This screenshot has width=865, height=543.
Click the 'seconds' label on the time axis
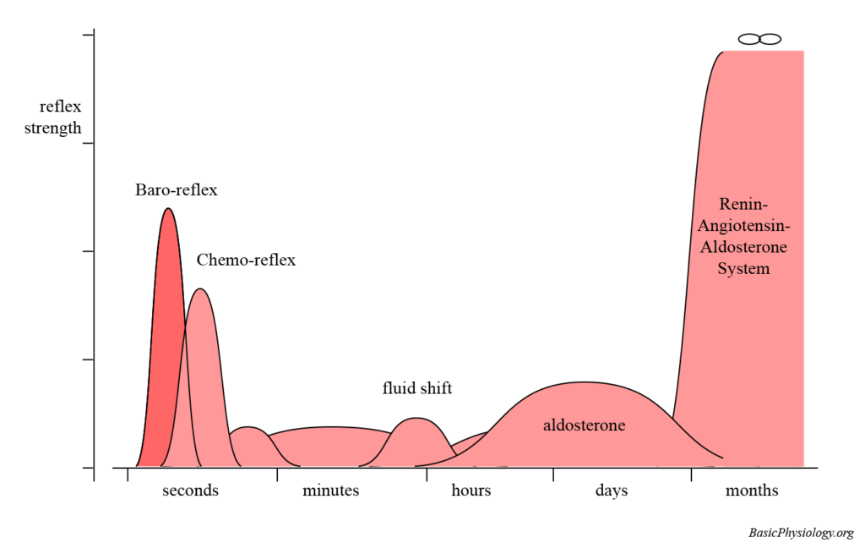190,491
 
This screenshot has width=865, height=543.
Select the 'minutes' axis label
330,491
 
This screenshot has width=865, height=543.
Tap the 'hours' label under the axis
471,491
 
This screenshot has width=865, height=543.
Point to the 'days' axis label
611,491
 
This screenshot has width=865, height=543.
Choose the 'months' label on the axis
751,491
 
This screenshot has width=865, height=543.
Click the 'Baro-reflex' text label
176,190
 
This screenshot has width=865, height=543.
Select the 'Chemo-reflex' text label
246,261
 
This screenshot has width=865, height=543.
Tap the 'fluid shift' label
417,389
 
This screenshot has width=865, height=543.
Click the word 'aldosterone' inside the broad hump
584,425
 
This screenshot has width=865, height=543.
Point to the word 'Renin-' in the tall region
743,204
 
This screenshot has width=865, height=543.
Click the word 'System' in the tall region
743,269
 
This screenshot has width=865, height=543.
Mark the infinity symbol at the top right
759,39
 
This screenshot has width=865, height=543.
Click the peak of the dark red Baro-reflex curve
168,209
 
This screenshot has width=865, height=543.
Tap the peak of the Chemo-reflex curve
200,289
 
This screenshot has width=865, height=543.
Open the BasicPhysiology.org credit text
801,533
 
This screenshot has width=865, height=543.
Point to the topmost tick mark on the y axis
88,36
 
